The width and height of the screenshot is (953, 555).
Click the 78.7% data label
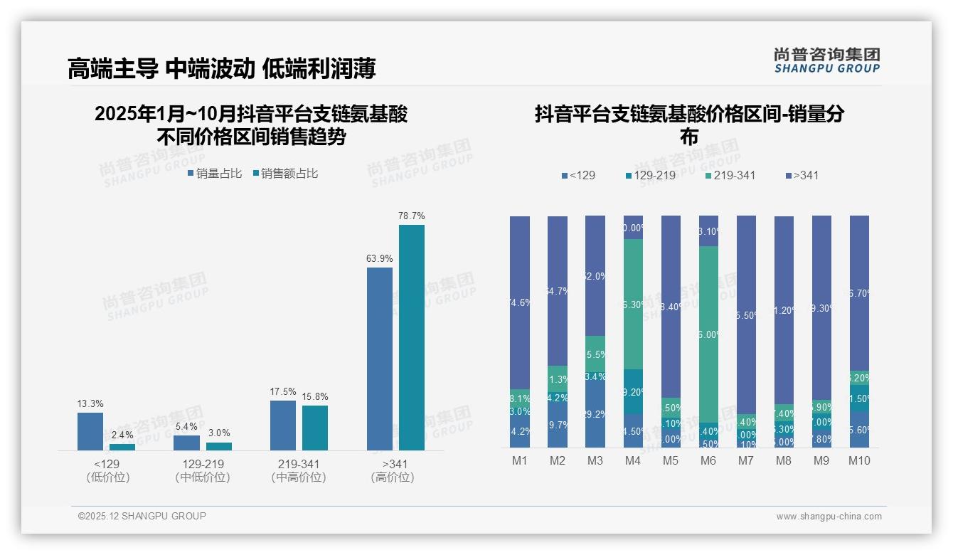411,216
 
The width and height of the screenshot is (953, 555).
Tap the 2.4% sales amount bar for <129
122,447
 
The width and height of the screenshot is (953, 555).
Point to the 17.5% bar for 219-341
283,425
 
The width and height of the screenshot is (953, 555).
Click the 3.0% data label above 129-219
219,433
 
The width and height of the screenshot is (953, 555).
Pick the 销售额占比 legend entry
285,173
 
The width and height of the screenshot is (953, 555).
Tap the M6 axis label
708,460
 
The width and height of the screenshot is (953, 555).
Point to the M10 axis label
859,460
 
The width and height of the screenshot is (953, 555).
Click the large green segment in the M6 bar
708,334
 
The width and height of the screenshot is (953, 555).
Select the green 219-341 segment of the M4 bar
633,304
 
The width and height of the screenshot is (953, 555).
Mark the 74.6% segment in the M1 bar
520,302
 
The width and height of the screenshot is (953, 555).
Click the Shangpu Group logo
826,60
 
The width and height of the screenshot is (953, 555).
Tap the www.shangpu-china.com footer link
829,517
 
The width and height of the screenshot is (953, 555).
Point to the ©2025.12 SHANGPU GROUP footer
142,516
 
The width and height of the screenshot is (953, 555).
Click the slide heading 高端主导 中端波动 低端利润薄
221,68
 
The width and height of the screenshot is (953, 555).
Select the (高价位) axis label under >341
392,477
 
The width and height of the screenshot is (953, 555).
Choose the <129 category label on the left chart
107,464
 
